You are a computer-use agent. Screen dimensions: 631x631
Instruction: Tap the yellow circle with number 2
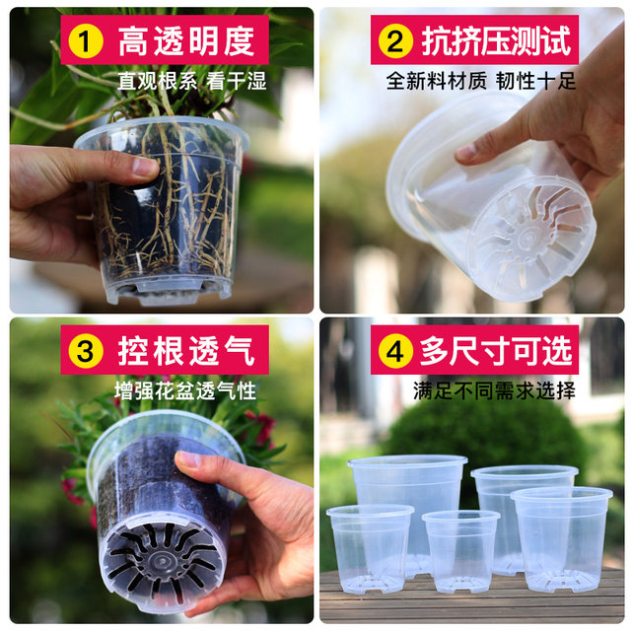coord(395,41)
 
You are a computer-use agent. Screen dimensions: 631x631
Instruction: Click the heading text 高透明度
coord(186,41)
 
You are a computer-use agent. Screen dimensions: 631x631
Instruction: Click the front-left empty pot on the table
coord(370,547)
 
